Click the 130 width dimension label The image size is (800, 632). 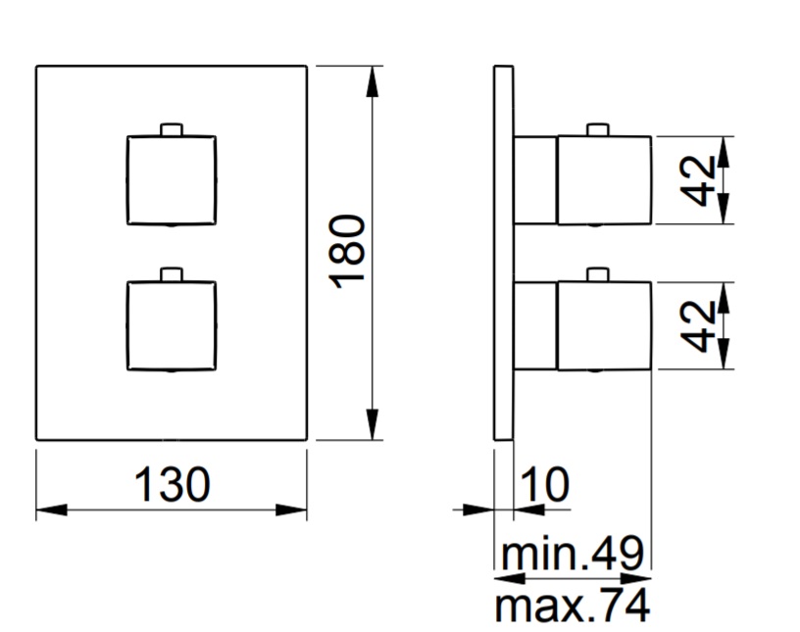coord(172,484)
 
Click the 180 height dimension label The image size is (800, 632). coord(347,252)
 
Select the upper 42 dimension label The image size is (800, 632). coord(698,180)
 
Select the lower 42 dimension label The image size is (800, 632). coord(698,326)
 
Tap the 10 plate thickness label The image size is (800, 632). coord(545,484)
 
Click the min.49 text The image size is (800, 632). coord(573,554)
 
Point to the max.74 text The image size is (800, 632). coord(573,605)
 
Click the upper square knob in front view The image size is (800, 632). coord(172,180)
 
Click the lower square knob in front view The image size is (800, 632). coord(172,325)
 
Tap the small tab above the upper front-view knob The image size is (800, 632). coord(172,129)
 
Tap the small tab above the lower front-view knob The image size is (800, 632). coord(172,274)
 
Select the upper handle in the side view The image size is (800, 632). coord(604,180)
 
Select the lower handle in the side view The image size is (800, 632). coord(604,325)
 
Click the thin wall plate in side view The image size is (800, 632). coord(504,253)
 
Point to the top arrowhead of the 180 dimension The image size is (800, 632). coord(373,81)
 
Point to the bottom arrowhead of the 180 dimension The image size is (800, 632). coord(373,424)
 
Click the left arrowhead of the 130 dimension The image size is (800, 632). coord(52,510)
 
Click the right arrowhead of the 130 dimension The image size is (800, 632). coord(291,510)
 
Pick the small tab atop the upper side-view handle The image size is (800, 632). coord(598,129)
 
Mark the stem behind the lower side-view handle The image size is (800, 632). coord(535,325)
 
